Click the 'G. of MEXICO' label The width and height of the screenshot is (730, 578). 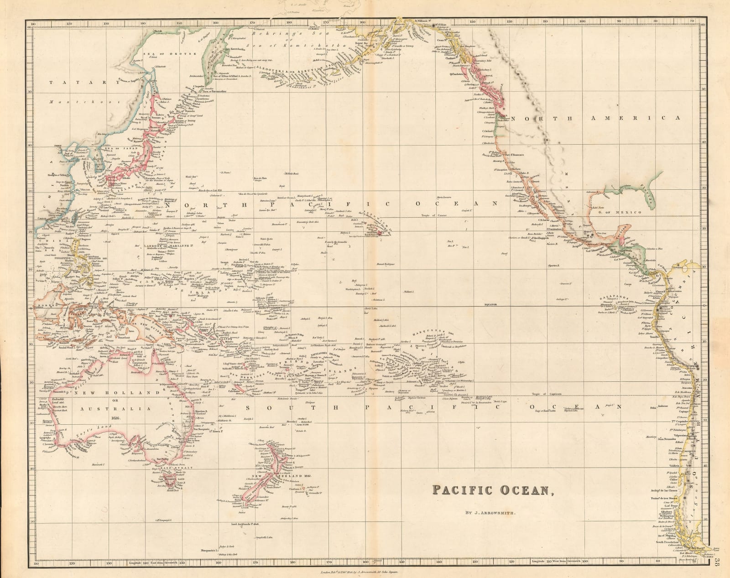[x=626, y=213]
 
